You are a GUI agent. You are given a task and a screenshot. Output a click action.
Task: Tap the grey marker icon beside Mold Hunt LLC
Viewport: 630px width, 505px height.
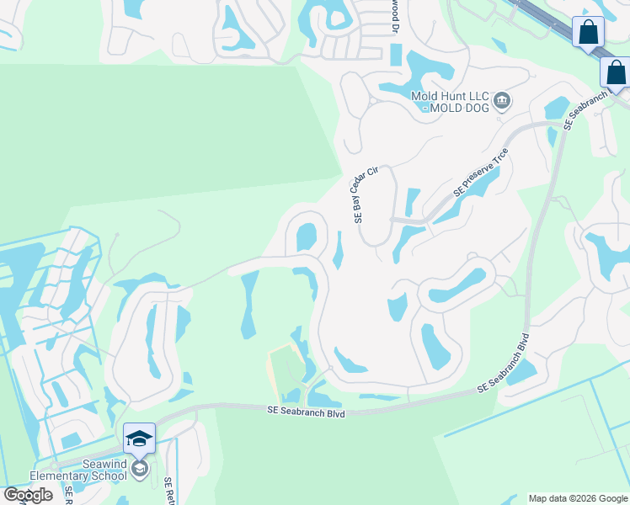coord(502,102)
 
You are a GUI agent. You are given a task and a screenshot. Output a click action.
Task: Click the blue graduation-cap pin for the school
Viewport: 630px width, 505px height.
coord(139,439)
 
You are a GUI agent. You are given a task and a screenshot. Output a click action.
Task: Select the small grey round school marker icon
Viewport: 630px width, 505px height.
coord(139,468)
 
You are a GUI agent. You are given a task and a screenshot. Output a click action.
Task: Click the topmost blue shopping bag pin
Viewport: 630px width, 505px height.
coord(587,33)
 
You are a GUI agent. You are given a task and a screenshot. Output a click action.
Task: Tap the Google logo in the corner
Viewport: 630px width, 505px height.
coord(28,494)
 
